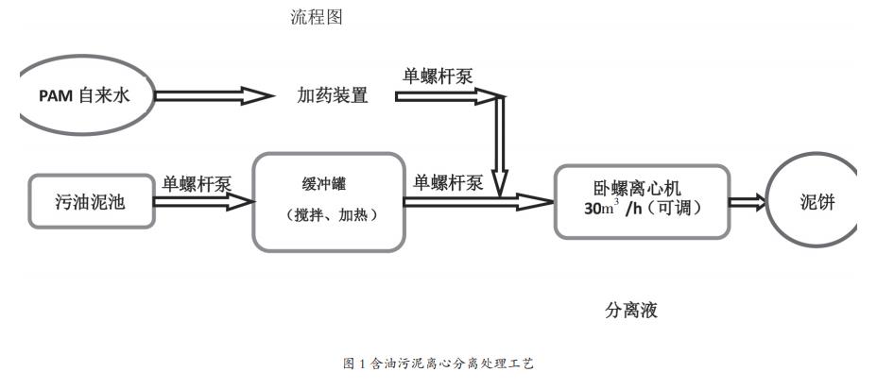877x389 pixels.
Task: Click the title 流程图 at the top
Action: click(315, 17)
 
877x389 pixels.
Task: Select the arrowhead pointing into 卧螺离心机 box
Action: click(539, 200)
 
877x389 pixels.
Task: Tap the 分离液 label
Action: click(630, 311)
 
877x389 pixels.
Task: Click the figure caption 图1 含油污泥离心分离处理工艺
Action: click(438, 364)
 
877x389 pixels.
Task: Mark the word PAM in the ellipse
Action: click(55, 95)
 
